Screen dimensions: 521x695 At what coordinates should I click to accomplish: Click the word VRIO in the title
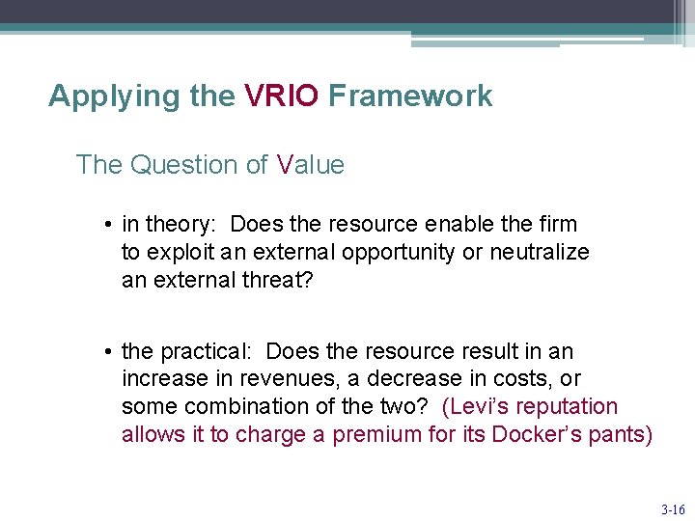tap(281, 96)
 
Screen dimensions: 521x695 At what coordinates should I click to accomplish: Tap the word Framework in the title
tap(410, 96)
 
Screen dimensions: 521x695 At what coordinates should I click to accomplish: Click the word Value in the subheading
tap(310, 165)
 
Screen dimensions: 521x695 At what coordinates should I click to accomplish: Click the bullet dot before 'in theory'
tap(111, 225)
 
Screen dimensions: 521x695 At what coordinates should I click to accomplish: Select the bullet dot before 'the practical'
tap(111, 352)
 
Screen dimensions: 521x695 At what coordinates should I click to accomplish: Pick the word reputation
tap(569, 406)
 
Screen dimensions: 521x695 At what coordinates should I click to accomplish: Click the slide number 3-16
tap(673, 508)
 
